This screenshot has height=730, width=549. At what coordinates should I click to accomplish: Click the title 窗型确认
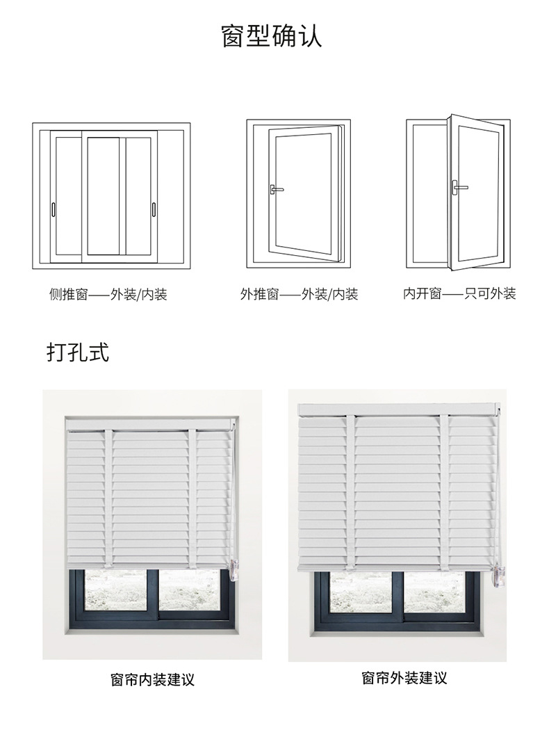[272, 35]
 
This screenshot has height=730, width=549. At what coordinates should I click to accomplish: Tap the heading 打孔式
[78, 352]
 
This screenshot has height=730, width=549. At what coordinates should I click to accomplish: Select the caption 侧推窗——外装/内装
[108, 295]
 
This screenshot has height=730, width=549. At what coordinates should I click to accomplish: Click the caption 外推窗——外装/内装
[299, 295]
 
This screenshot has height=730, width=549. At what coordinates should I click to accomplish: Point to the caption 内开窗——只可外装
[460, 294]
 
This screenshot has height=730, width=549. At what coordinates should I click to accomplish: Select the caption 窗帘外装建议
[404, 678]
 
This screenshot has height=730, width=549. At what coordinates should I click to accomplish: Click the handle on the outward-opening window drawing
[276, 188]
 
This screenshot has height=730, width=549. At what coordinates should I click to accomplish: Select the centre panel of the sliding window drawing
[104, 195]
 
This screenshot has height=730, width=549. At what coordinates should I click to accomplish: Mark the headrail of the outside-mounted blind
[396, 409]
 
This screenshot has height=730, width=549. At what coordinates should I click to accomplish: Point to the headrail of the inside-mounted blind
[149, 423]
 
